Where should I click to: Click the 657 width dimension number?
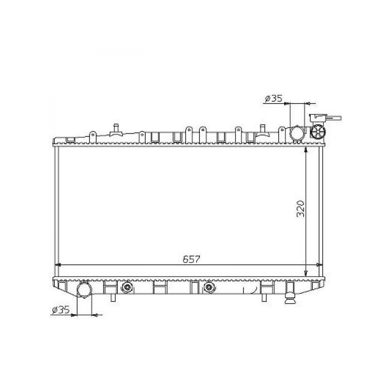[191, 260]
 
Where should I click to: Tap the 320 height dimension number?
[301, 209]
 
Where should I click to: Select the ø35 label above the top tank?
[274, 99]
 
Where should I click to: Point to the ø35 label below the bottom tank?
[61, 310]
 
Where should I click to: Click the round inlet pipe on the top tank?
[297, 132]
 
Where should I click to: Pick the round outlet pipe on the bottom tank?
[85, 289]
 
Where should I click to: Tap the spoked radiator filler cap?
[318, 131]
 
